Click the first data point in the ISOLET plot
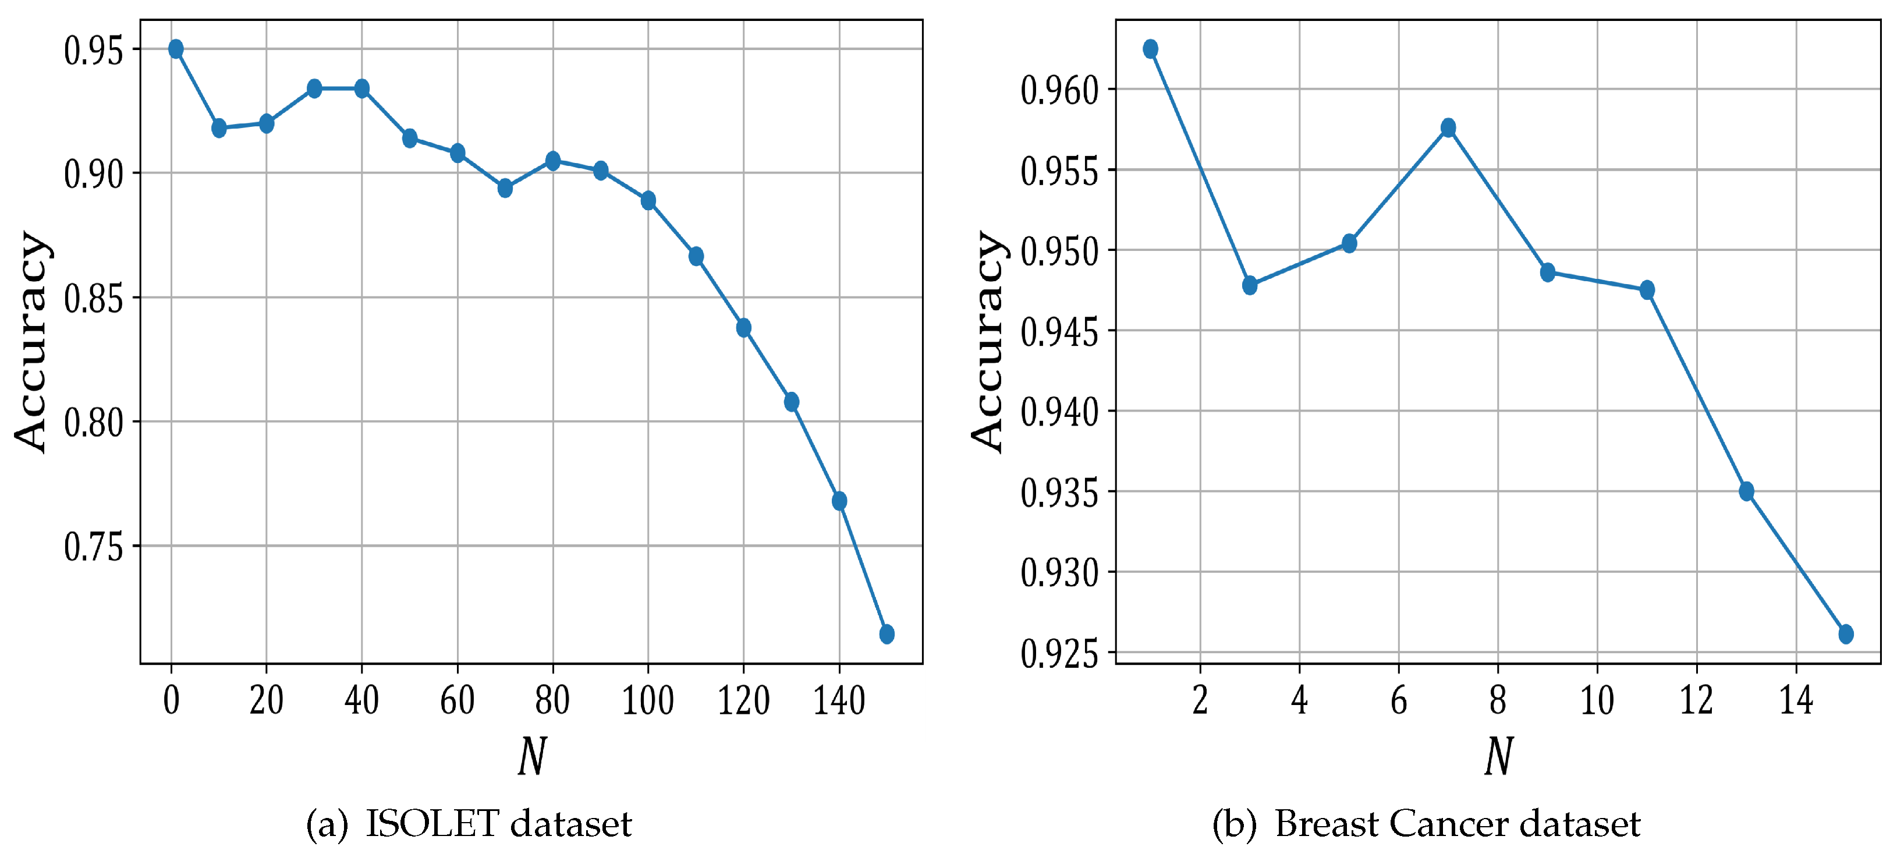pyautogui.click(x=175, y=49)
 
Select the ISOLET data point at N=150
pyautogui.click(x=887, y=633)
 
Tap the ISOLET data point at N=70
pyautogui.click(x=505, y=188)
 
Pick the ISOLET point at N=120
pyautogui.click(x=743, y=328)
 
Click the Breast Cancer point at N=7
pyautogui.click(x=1448, y=127)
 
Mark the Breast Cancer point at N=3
pyautogui.click(x=1250, y=285)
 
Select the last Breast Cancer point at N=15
pyautogui.click(x=1845, y=633)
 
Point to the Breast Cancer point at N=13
pyautogui.click(x=1746, y=491)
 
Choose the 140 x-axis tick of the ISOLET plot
pyautogui.click(x=839, y=700)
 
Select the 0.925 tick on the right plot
pyautogui.click(x=1059, y=653)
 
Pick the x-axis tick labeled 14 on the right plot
pyautogui.click(x=1795, y=700)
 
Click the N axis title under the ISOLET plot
pyautogui.click(x=531, y=756)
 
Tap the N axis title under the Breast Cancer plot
pyautogui.click(x=1498, y=756)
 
